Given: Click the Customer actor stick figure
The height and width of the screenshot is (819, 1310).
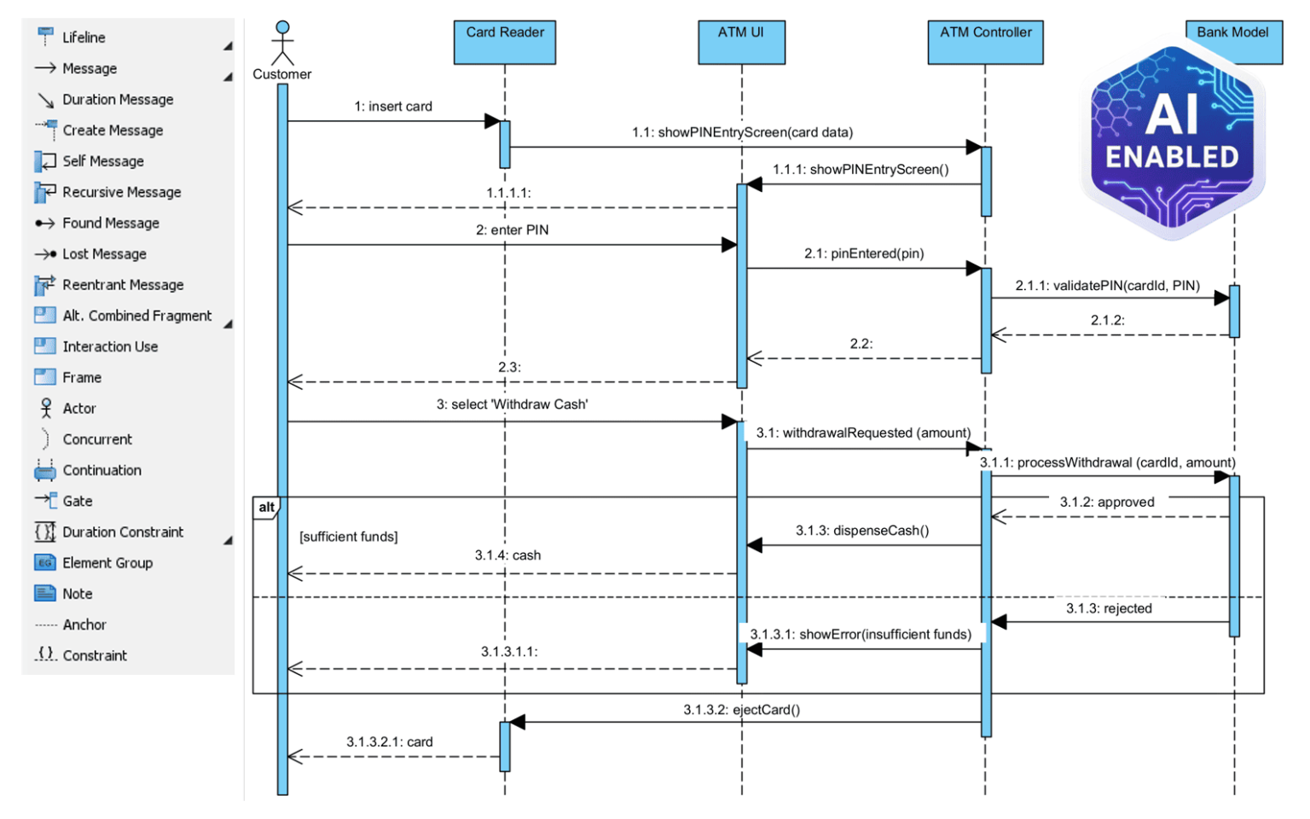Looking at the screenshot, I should pos(282,44).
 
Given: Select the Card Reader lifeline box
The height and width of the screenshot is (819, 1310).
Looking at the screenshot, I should pos(504,42).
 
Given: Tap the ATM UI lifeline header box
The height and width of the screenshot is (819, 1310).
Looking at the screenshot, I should pos(740,42).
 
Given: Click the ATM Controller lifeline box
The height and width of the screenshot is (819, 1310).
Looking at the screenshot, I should pos(985,42).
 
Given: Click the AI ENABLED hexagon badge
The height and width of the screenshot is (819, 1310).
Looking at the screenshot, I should pos(1173,141).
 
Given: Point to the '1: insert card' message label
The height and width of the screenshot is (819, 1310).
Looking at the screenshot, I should pos(393,107).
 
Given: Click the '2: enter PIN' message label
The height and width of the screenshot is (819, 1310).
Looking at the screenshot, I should pos(512,230).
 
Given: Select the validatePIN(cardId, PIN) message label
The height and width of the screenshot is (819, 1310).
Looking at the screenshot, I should pos(1107,286).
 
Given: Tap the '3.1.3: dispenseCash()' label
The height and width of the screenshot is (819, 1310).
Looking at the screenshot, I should pos(862,531).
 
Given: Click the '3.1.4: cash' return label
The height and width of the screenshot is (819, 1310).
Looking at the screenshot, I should pos(507,555).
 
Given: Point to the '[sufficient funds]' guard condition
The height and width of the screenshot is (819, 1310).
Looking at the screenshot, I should pos(348,537).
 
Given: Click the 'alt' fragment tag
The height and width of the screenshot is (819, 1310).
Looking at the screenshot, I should pos(266,508).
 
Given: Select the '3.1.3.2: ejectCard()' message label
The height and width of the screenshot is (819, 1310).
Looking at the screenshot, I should pos(741,710).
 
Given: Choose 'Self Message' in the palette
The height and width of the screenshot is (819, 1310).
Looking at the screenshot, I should pos(102,161).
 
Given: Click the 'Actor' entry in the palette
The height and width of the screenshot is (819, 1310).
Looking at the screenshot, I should pos(78,409).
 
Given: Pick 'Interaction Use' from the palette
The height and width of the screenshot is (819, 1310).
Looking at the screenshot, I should pos(109,346).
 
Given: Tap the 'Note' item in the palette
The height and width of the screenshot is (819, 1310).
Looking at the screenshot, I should pos(77,594).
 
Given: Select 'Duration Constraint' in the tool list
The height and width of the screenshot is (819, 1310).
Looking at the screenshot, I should pos(122,532).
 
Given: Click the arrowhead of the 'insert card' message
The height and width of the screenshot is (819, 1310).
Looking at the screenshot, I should pos(492,121).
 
